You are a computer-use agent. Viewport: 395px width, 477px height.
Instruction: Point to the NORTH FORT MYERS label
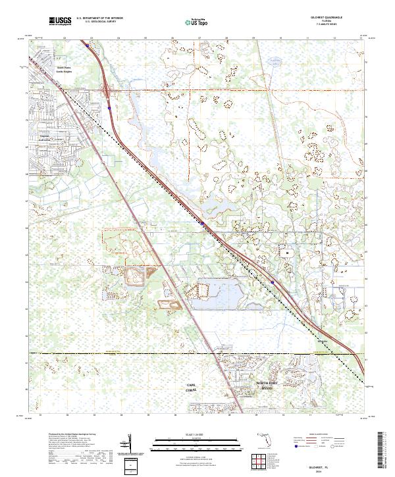[269, 385]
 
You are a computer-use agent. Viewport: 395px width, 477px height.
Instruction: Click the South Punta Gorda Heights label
[63, 69]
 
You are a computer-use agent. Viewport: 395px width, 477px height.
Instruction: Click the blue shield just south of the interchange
[109, 102]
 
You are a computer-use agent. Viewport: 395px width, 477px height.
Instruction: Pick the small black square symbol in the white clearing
[286, 251]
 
